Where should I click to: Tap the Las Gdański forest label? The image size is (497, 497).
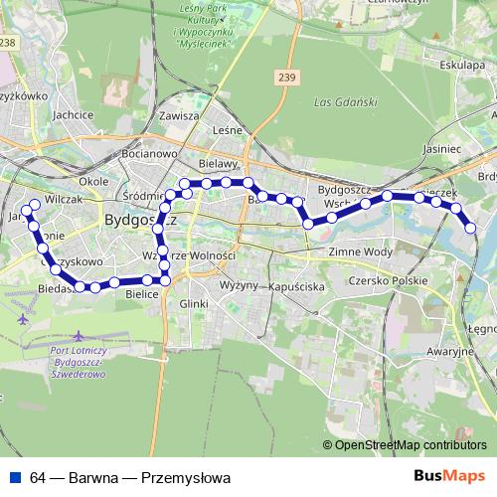tap(341, 103)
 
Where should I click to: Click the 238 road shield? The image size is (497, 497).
tap(9, 42)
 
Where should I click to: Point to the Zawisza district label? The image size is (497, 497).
tap(179, 115)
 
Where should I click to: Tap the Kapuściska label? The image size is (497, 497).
tap(296, 285)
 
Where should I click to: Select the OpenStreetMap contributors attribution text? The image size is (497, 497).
tap(411, 444)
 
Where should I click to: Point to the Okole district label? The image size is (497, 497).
tap(92, 182)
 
